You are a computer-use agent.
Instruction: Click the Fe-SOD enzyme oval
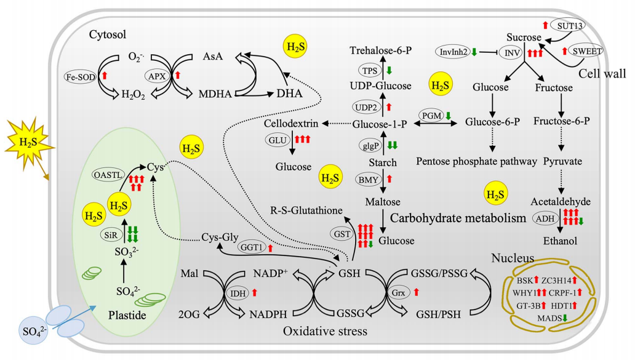[x=81, y=76]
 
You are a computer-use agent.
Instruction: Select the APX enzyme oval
[x=156, y=76]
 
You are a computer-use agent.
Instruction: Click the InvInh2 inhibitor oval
[x=453, y=52]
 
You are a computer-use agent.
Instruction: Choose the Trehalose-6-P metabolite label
[x=381, y=50]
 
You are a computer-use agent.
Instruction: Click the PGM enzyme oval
[x=431, y=115]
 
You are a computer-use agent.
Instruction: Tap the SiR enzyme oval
[x=108, y=235]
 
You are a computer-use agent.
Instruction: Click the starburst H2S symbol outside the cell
[x=28, y=143]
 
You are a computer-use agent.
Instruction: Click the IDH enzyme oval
[x=238, y=293]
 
